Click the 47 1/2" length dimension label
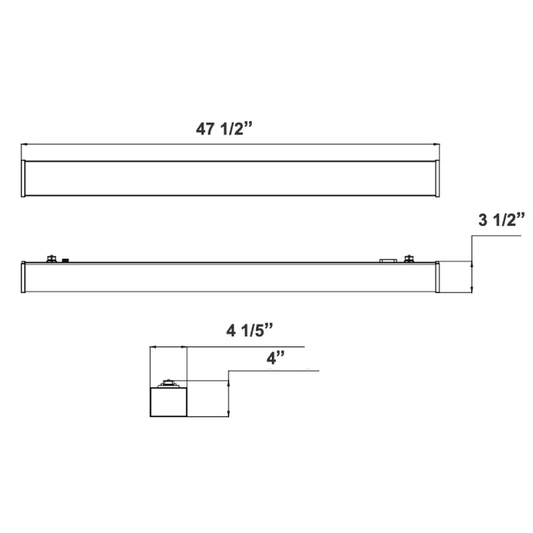click(224, 129)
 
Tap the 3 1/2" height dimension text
click(501, 221)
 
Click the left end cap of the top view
click(24, 178)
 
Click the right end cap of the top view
click(436, 178)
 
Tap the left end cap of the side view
click(24, 278)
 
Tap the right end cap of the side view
click(437, 278)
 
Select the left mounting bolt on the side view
click(52, 259)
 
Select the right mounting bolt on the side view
click(410, 259)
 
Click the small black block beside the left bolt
click(66, 260)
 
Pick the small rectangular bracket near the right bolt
click(388, 260)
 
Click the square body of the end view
click(168, 402)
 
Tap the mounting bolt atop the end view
click(168, 383)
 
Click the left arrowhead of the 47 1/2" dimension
click(24, 144)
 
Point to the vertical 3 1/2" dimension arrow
click(473, 277)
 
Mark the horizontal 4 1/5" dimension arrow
click(168, 348)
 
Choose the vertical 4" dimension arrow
click(228, 399)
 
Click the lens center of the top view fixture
click(230, 178)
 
